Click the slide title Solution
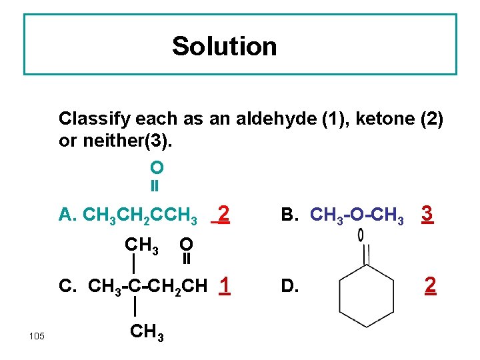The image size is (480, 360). coord(224,46)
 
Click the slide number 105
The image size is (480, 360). coord(37,335)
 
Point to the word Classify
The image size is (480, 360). coord(94,119)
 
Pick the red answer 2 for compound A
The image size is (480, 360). coord(224,214)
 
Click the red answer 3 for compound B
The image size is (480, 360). coord(428,214)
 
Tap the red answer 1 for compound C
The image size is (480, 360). coord(225,285)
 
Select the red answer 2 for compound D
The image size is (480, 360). coord(431,285)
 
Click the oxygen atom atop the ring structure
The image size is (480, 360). coord(361,235)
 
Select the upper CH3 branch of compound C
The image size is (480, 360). coord(141,245)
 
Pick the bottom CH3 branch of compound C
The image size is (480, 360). coord(143,330)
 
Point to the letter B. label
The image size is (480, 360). coord(290,215)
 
